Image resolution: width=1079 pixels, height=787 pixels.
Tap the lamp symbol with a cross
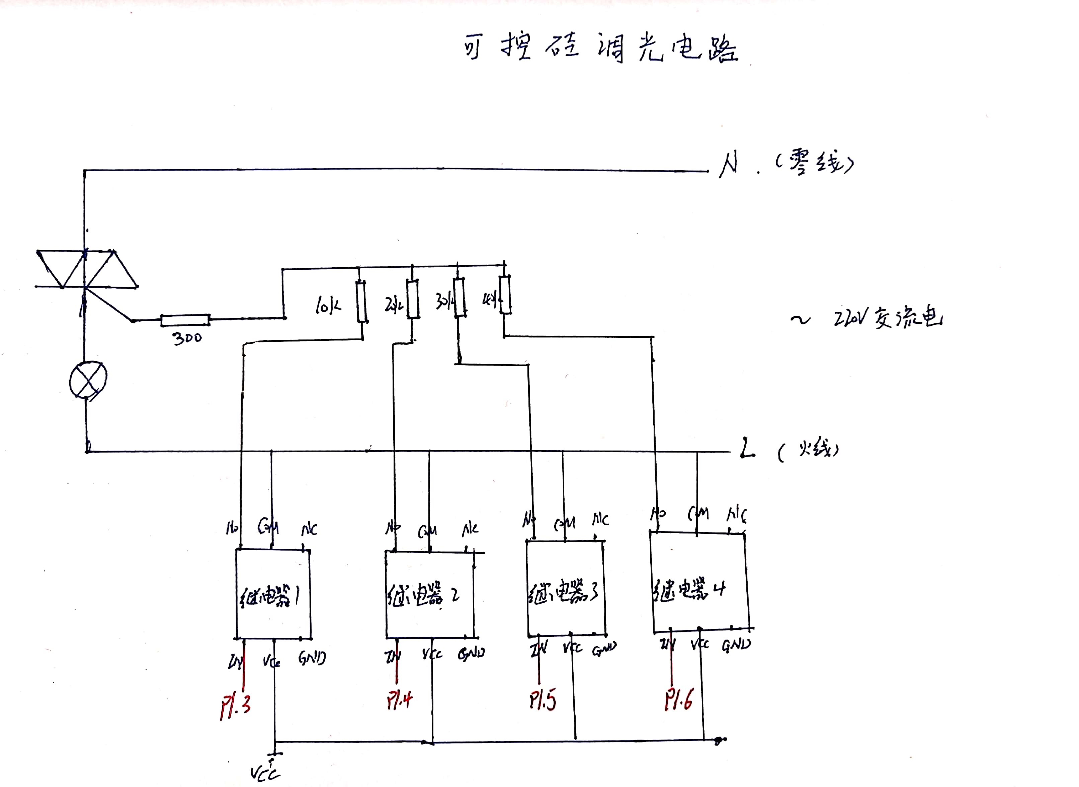88,380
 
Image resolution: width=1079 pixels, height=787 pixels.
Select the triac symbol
86,269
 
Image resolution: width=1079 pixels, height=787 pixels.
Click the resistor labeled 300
185,320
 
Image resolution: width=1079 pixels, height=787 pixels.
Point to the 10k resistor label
328,305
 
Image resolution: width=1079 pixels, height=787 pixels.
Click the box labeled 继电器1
273,595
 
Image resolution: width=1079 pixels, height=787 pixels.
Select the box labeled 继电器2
429,595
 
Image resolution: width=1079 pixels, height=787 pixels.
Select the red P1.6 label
679,699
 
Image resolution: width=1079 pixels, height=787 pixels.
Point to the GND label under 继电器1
312,658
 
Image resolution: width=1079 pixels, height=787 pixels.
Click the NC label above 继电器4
736,514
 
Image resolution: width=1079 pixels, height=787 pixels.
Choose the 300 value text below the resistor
187,338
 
